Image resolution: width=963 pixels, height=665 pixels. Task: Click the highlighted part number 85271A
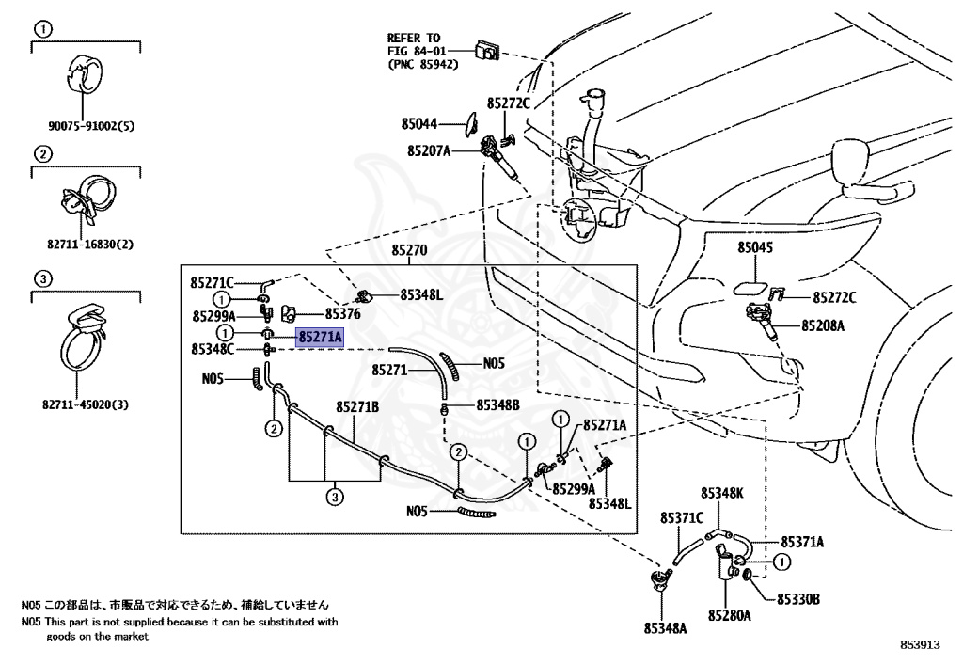click(321, 335)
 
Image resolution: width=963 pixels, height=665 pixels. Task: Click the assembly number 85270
click(409, 251)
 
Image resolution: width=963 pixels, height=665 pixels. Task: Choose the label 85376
click(343, 315)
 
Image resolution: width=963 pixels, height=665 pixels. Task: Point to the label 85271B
click(358, 406)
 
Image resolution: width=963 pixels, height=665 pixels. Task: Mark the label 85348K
click(722, 492)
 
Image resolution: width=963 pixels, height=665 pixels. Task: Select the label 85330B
click(798, 598)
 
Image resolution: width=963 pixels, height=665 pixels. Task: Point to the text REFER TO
click(414, 38)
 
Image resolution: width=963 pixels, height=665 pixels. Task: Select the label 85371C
click(682, 517)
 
